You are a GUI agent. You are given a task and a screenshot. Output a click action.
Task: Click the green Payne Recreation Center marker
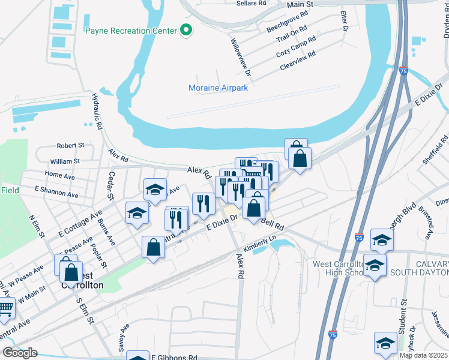point(186,30)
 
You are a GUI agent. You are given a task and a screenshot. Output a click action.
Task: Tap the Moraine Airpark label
point(218,88)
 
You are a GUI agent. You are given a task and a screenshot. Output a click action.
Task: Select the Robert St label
point(70,146)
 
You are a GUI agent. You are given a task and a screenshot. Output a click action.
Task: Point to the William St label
point(65,161)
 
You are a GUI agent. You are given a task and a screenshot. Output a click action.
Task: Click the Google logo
point(20,353)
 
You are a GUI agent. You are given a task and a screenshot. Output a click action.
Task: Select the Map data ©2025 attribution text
point(423,355)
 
